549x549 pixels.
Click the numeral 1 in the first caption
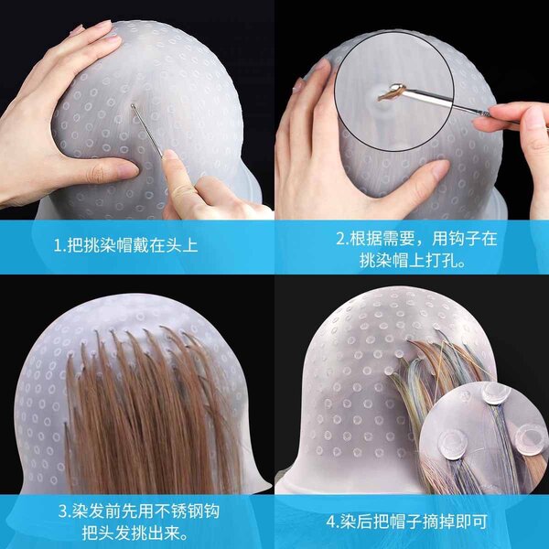click(58, 245)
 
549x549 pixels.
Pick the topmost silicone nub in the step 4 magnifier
click(496, 393)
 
